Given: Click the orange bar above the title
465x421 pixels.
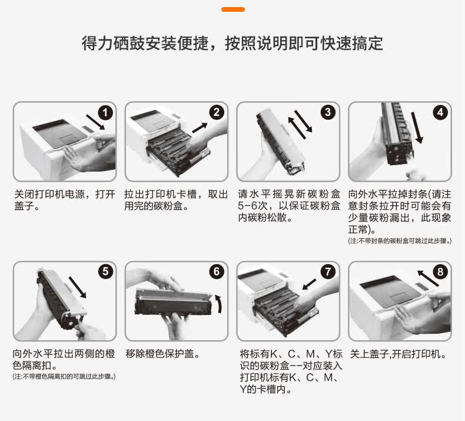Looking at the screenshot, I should click(232, 9).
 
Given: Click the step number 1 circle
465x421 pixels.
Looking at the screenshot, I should click(105, 113).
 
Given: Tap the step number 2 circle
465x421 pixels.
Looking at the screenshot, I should click(217, 113).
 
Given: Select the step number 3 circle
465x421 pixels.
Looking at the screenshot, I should click(328, 113).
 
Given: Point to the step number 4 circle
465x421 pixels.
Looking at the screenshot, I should click(440, 113).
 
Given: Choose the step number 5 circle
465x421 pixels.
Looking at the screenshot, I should click(105, 272).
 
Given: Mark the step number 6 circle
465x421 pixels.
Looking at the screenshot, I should click(217, 272).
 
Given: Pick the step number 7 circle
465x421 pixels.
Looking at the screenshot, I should click(328, 272).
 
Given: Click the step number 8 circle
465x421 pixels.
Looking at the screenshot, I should click(440, 272).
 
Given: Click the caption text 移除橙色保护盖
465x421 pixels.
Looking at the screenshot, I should click(163, 354).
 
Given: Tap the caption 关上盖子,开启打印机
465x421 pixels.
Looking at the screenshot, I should click(398, 354).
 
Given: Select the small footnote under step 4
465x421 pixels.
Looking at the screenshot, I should click(400, 241).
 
